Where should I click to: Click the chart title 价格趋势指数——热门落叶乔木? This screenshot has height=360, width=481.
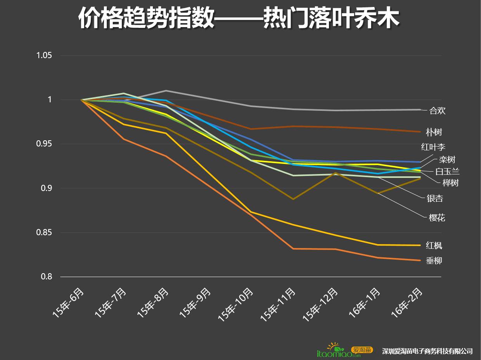[x=239, y=18]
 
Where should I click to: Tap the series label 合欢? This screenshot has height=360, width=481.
[x=437, y=111]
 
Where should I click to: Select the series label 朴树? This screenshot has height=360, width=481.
[x=434, y=133]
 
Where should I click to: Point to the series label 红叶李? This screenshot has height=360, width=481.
[x=433, y=147]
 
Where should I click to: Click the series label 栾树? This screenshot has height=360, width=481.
[x=447, y=160]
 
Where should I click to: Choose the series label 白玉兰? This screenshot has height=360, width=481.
[x=447, y=172]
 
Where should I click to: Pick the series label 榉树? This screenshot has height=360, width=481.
[x=450, y=183]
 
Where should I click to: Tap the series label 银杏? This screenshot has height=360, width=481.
[x=435, y=199]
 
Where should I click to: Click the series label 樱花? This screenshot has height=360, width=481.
[x=437, y=218]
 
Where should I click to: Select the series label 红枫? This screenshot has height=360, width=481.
[x=434, y=246]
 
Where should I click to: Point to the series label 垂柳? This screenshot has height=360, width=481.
[x=434, y=261]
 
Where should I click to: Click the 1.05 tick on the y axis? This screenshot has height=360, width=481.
[x=44, y=55]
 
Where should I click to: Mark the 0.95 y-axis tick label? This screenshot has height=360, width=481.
[x=44, y=144]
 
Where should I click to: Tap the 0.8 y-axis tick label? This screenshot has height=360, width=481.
[x=46, y=277]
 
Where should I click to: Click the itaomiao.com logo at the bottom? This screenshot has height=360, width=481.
[x=344, y=350]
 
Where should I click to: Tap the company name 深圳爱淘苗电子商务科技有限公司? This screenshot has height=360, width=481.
[x=427, y=351]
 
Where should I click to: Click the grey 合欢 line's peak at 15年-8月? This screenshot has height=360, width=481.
[x=166, y=91]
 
